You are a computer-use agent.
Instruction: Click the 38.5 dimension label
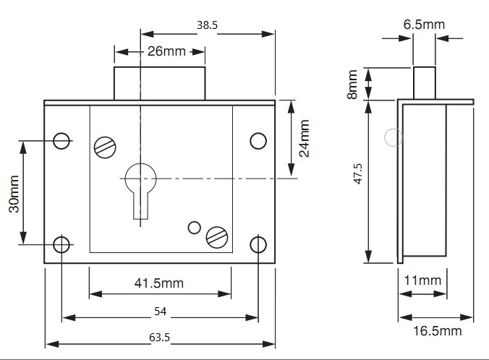[207, 25]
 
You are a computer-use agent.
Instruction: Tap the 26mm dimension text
[166, 51]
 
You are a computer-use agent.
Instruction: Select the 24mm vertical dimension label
[304, 138]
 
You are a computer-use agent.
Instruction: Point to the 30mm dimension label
[14, 194]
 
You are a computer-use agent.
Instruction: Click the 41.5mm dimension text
[159, 283]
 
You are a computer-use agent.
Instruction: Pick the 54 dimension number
[161, 312]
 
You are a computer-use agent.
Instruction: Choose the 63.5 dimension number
[159, 338]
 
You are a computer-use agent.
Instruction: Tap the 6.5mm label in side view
[424, 25]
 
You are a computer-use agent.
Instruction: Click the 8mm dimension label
[352, 85]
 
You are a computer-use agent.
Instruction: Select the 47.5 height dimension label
[358, 173]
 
